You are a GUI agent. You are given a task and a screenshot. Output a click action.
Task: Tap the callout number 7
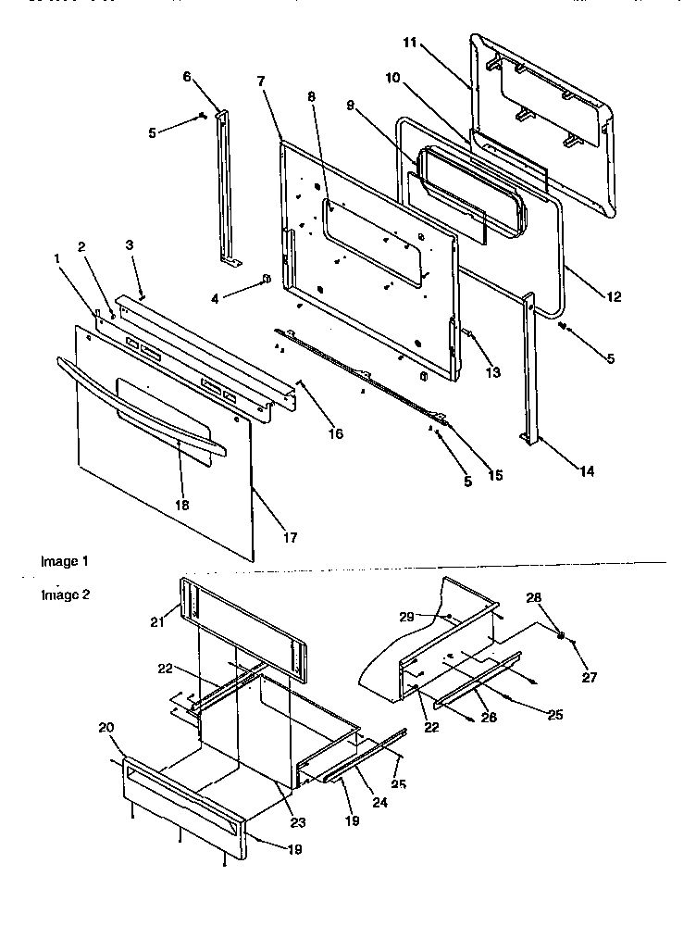(x=262, y=82)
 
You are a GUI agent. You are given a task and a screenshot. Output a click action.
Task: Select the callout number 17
(x=289, y=537)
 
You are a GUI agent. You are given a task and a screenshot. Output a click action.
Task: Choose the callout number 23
(x=298, y=822)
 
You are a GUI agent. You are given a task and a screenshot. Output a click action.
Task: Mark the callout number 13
(x=493, y=372)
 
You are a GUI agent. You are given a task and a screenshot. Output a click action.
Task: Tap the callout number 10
(x=392, y=79)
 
